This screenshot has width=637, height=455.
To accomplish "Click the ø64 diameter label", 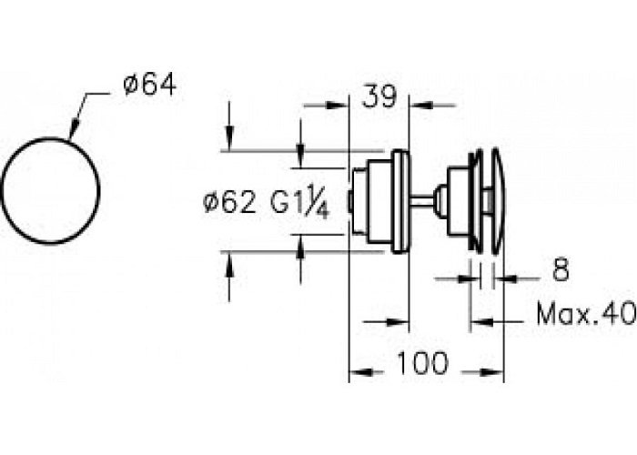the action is click(x=150, y=86).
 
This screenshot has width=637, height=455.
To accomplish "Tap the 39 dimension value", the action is click(x=379, y=96).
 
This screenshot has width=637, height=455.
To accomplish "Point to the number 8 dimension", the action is click(x=561, y=269).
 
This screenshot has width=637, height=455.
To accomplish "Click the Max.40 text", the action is click(x=586, y=313).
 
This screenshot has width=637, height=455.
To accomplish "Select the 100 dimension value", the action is click(x=422, y=363).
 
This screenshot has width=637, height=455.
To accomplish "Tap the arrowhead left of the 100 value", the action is click(x=360, y=371).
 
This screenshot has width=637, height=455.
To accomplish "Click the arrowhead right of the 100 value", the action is click(x=492, y=371).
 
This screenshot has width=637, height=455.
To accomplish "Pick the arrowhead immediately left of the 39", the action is click(x=338, y=106).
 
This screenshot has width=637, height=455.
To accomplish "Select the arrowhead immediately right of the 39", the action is click(x=420, y=106).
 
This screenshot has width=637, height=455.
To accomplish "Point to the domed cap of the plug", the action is click(x=499, y=201).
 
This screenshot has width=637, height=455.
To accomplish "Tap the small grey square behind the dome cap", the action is click(x=489, y=201).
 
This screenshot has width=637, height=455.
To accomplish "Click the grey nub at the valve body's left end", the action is click(x=349, y=201).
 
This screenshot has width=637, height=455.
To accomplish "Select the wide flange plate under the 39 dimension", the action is click(x=400, y=201).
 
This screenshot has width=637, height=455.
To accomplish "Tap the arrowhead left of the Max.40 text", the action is click(x=482, y=322).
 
